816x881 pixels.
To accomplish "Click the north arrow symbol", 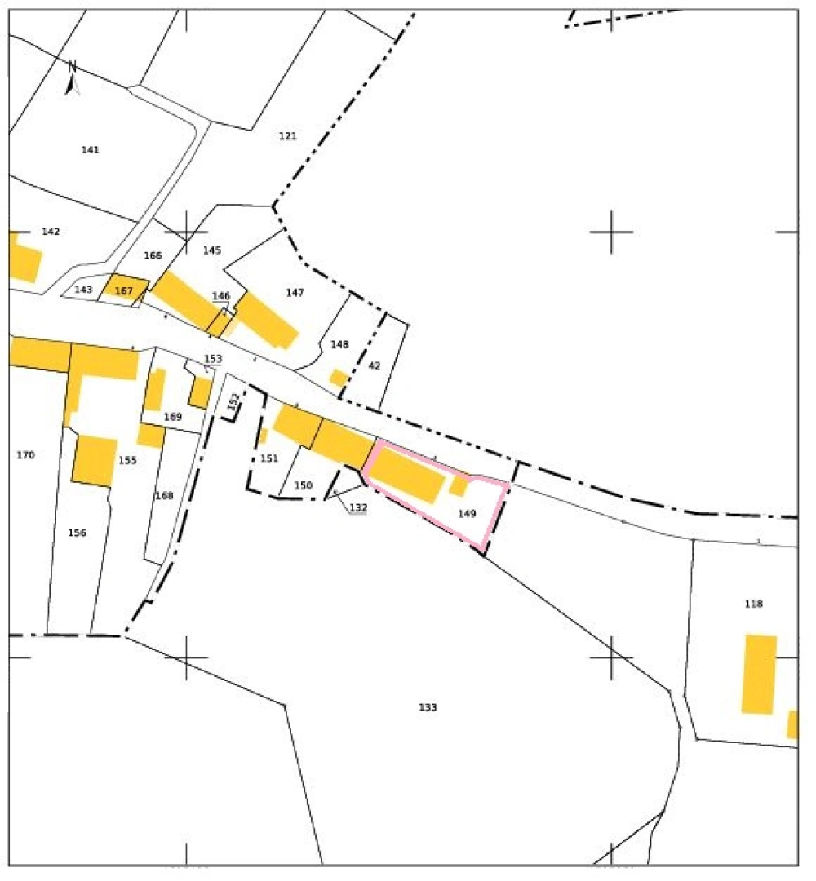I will tap(72, 78).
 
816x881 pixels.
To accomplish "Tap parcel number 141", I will tap(91, 150).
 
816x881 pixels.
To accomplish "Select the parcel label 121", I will tap(287, 136).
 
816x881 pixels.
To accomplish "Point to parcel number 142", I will tap(51, 232).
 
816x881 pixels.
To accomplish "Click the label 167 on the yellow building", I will tap(124, 291).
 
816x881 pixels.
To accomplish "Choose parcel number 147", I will tap(295, 292).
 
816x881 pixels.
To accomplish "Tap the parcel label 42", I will tap(375, 366).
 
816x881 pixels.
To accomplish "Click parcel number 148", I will tap(339, 345).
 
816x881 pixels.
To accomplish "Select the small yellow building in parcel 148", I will tap(338, 378).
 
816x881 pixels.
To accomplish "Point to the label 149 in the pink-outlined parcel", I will tap(467, 514).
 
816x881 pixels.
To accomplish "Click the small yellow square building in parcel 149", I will tap(459, 486).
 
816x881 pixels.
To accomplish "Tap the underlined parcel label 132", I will tap(358, 507).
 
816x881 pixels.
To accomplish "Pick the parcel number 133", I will tap(428, 707).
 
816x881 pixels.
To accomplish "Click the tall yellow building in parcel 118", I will tap(759, 674).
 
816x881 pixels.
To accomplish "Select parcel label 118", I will tap(753, 604).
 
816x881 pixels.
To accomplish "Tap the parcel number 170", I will tap(25, 455).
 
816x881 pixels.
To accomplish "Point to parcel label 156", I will tap(77, 533).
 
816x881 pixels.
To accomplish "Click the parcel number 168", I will tap(164, 496).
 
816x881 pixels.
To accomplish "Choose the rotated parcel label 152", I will tap(234, 401).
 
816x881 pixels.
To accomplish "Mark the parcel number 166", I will tap(153, 256).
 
